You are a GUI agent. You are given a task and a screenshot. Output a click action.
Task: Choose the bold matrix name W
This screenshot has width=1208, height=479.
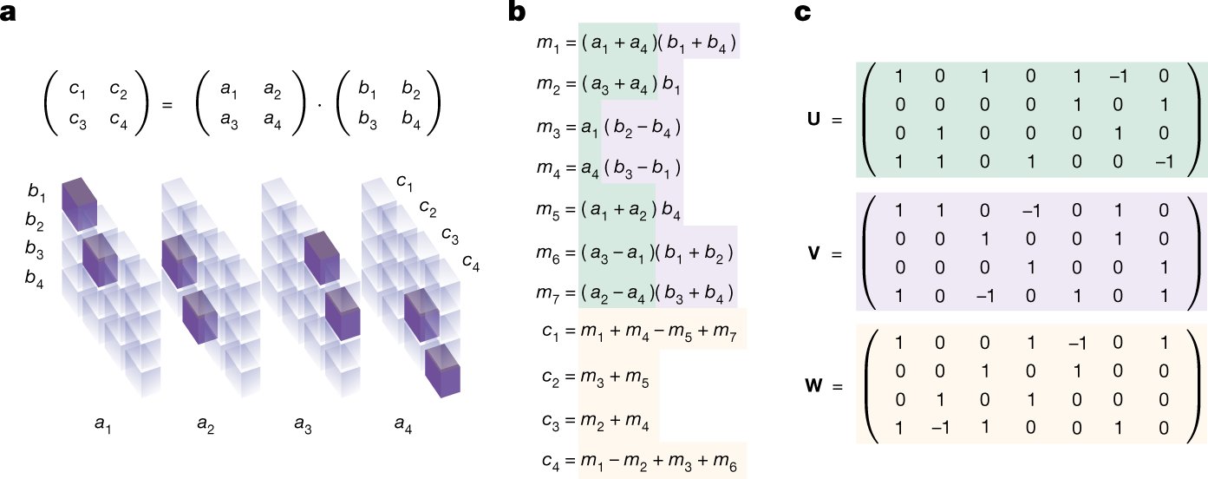[x=814, y=383]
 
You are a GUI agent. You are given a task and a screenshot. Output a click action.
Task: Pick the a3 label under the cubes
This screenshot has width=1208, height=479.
[x=303, y=423]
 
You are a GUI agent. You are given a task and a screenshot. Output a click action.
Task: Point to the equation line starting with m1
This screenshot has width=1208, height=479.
[x=637, y=40]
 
